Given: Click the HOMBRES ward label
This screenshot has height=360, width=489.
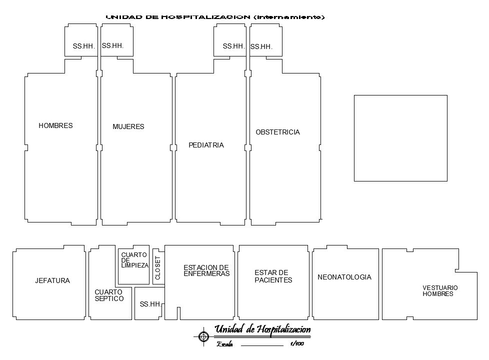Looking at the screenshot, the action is tap(55, 125).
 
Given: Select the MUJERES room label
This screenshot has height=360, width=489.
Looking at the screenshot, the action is tap(128, 126).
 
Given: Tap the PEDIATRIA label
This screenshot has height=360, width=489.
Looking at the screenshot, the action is tap(206, 145).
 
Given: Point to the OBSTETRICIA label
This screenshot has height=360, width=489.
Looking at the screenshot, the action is tap(277, 132).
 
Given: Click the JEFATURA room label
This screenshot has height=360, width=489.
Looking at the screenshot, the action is tap(52, 280).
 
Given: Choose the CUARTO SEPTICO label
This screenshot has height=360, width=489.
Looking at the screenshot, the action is tap(109, 295).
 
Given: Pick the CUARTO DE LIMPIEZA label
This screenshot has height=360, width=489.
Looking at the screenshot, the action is tap(134, 260).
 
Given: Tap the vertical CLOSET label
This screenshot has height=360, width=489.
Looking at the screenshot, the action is tap(158, 267).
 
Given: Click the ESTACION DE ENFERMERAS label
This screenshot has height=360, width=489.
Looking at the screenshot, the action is tap(206, 270).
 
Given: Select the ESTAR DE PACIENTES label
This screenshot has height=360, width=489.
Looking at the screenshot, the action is tap(273, 276).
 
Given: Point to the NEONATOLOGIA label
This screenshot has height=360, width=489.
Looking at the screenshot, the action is tap(344, 277).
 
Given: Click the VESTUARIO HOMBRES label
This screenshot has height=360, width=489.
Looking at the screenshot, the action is tap(440, 290).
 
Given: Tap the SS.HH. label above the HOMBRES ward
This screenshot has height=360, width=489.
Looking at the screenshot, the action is tap(84, 46).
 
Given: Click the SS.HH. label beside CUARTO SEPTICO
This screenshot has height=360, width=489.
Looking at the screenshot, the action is tap(150, 303).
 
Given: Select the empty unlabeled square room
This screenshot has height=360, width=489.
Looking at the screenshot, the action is tap(400, 138).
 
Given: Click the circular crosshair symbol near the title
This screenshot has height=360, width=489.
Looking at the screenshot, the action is tap(203, 336).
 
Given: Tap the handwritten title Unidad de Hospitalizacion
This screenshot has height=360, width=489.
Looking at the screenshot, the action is tap(262, 329).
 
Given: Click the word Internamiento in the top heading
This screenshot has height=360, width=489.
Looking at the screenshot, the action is tap(289, 17).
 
